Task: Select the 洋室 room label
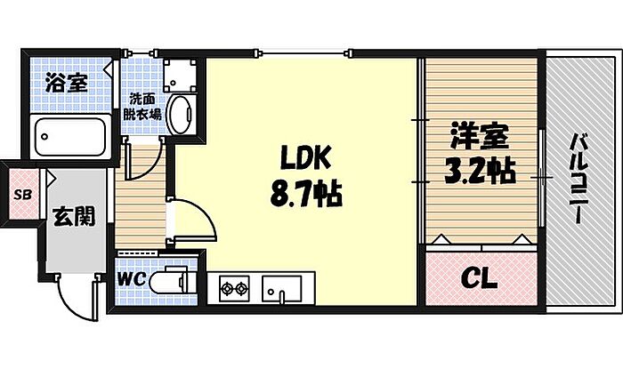[477, 137]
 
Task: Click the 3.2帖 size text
[481, 169]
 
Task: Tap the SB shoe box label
[20, 193]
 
